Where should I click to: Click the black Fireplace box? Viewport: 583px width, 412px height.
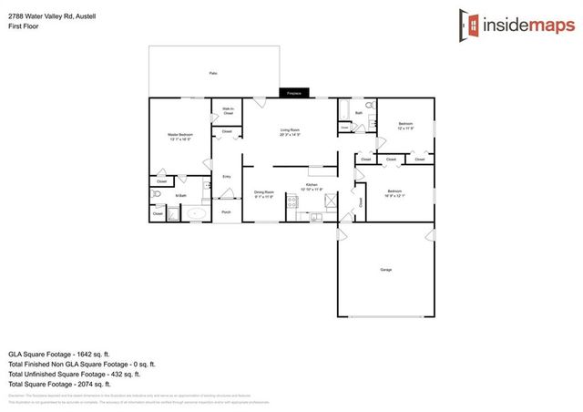coord(293,93)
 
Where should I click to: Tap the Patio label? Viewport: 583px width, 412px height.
coord(213,73)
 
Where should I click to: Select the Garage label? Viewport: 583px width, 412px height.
coord(386,269)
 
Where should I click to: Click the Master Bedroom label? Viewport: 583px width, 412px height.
coord(179,137)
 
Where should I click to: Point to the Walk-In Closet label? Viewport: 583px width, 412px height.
coord(228,111)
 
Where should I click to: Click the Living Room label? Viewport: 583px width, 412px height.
coord(291,131)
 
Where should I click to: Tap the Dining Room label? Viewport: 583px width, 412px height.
coord(263,193)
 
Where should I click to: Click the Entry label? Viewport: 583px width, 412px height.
coord(226,176)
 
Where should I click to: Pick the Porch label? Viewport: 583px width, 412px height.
coord(226,212)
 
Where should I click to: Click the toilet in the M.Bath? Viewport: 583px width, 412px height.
coord(156,194)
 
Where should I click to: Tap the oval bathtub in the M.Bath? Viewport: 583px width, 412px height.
coord(197,215)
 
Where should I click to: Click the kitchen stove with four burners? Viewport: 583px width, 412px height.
coord(293,202)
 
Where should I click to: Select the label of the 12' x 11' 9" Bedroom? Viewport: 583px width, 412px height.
coord(405,126)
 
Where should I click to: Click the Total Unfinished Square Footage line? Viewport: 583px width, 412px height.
coord(74,374)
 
